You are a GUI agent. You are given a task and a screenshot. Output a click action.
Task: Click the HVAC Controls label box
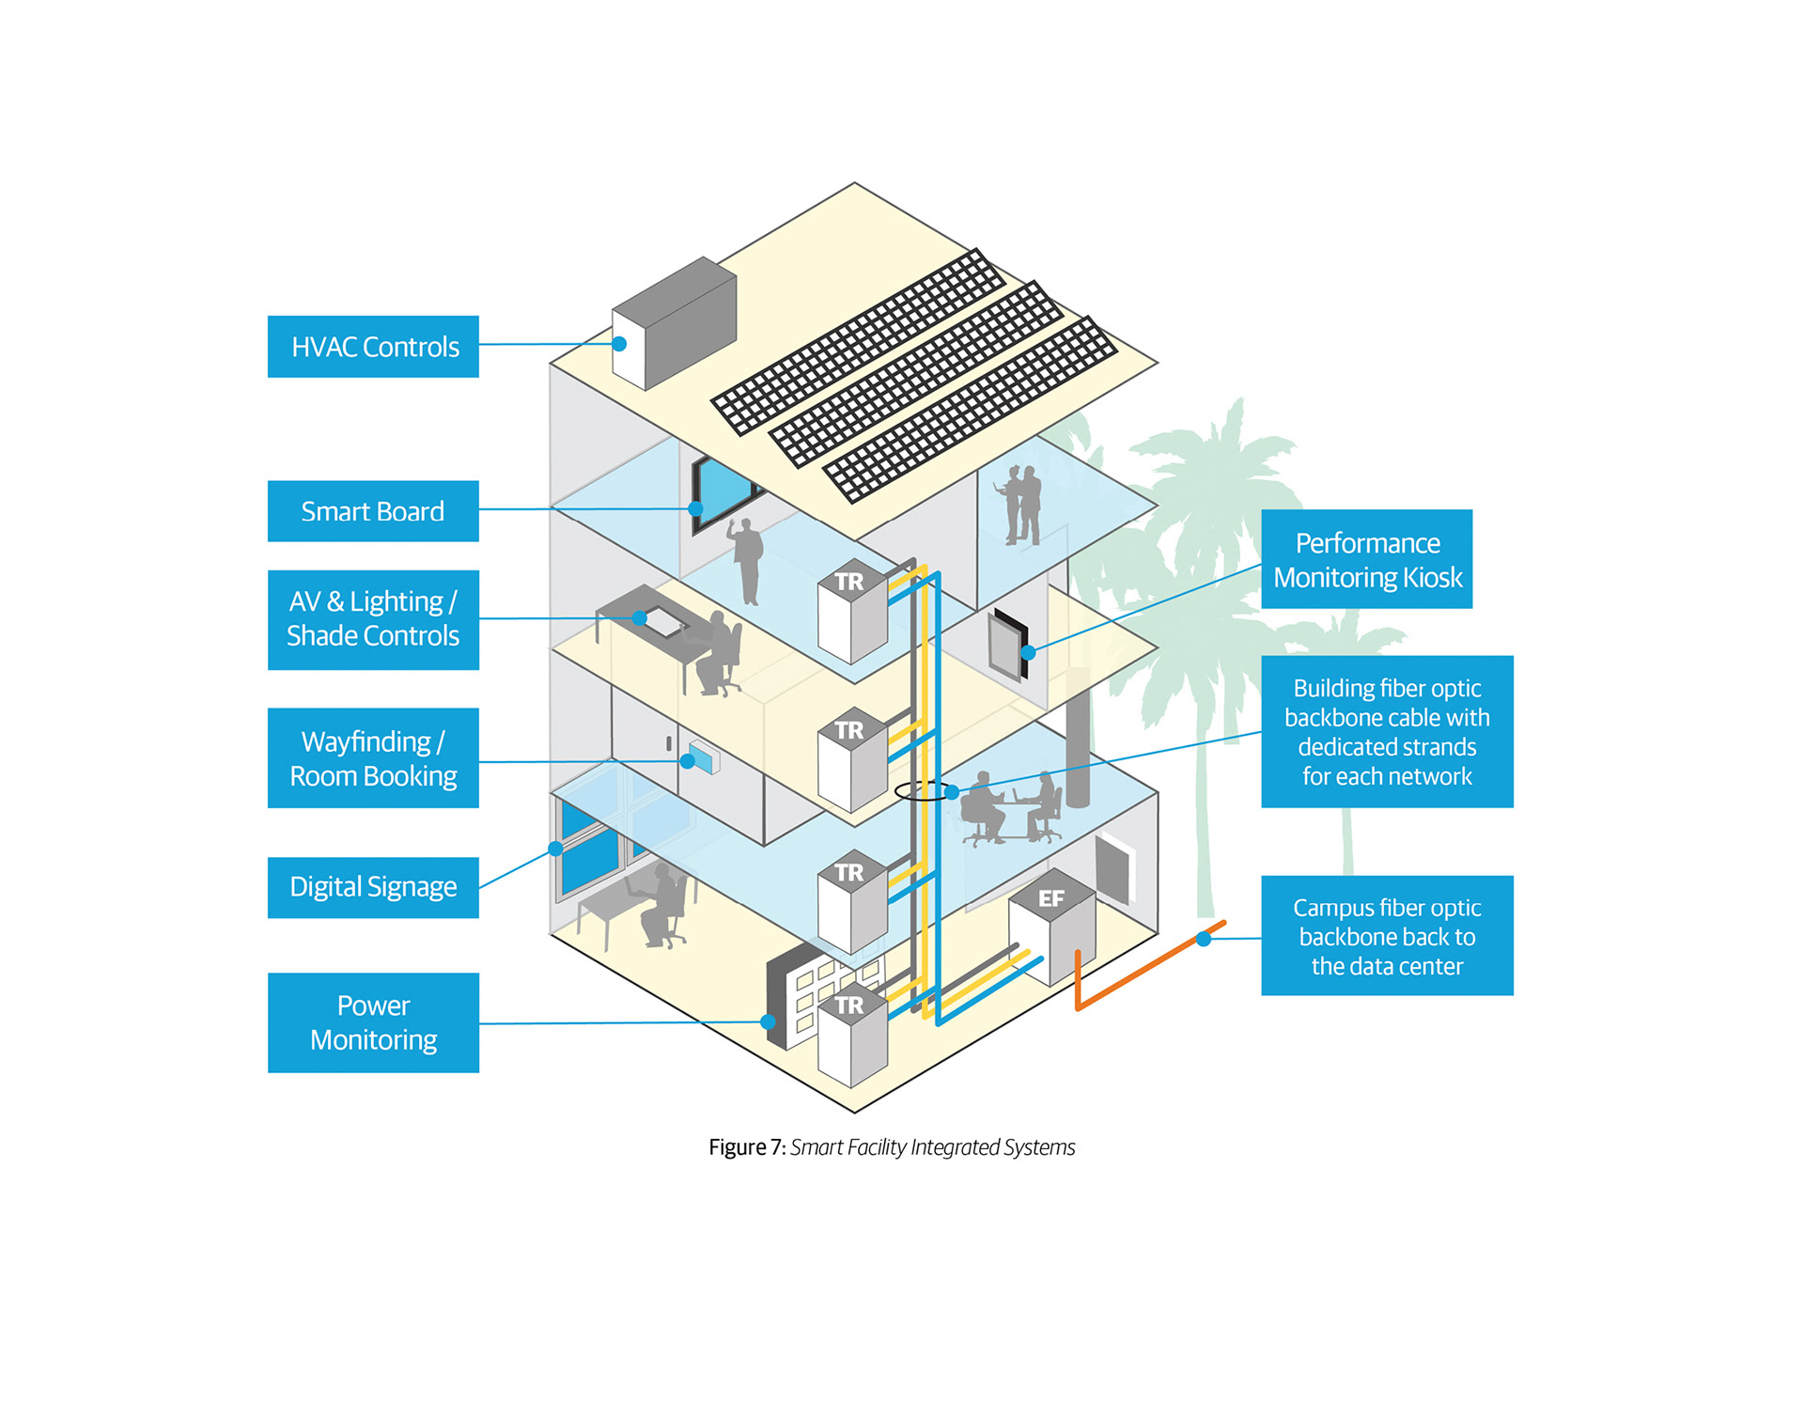coord(373,347)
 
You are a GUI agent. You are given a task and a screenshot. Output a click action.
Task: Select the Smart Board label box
coord(373,511)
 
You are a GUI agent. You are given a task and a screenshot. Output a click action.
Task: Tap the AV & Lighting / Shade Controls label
coord(373,619)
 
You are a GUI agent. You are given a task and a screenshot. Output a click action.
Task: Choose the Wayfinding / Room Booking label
coord(373,758)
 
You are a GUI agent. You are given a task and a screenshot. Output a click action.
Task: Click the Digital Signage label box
coord(373,887)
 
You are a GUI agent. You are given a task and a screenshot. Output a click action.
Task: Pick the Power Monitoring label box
coord(373,1022)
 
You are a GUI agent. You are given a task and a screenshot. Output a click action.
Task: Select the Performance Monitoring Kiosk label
coord(1366,559)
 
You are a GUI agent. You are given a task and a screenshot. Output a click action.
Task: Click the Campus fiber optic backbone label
coord(1386,936)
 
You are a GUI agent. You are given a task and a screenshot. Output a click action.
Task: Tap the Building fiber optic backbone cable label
coord(1386,731)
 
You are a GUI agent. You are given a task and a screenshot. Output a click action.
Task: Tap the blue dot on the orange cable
coord(1204,939)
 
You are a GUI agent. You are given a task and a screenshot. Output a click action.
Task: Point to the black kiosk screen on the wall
coord(1008,644)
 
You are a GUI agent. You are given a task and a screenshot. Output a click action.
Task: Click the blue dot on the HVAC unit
coord(619,344)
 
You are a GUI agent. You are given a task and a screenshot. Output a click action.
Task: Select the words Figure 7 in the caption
coord(746,1147)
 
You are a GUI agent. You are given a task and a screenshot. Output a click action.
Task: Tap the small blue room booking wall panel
coord(704,756)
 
